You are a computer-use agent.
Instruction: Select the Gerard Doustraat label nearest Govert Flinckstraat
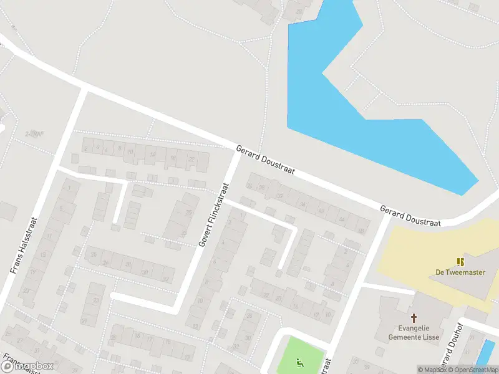(x=265, y=161)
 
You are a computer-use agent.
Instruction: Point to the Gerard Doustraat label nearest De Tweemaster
(x=410, y=214)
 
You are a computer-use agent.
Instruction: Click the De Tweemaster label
(x=460, y=272)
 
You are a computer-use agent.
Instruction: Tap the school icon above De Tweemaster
(x=460, y=262)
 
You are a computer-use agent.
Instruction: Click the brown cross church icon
(x=414, y=318)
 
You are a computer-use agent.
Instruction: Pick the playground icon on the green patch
(x=300, y=361)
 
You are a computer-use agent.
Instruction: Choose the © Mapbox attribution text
(x=432, y=370)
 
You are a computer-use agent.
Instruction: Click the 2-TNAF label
(x=34, y=135)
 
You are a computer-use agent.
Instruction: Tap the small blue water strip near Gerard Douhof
(x=485, y=353)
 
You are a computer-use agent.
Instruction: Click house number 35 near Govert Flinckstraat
(x=183, y=234)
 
